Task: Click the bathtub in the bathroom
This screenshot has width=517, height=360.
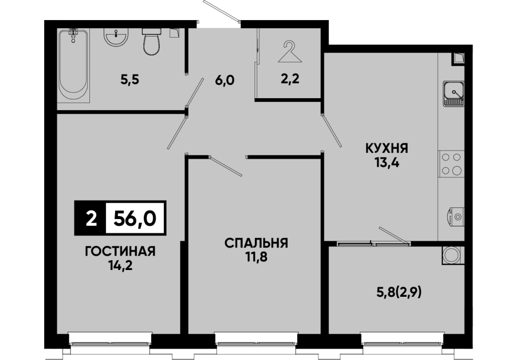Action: pos(73,65)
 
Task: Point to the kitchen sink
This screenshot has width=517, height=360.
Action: pos(453,94)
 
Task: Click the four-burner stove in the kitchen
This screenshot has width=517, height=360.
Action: pos(451,164)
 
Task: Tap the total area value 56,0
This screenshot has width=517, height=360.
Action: pos(135,218)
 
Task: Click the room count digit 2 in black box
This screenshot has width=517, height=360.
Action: pos(91,219)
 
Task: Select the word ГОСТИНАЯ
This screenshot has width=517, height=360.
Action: pos(120,251)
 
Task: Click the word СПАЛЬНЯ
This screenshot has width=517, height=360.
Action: pos(256,243)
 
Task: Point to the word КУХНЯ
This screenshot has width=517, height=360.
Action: pos(387,149)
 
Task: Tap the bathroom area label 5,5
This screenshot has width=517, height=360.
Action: pos(130,80)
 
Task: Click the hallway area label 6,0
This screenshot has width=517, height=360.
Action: pos(225,80)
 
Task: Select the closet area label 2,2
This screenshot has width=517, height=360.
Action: pos(290,79)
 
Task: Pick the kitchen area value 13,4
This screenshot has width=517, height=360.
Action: pos(387,163)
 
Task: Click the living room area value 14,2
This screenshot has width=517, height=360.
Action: pos(120,265)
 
